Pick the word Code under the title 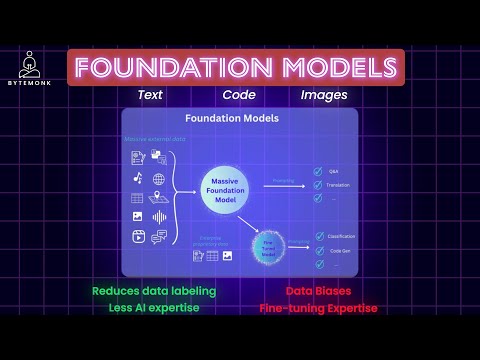pyautogui.click(x=239, y=95)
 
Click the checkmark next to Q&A pyautogui.click(x=316, y=170)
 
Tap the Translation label pyautogui.click(x=342, y=185)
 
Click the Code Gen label pyautogui.click(x=340, y=250)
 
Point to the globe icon pyautogui.click(x=159, y=179)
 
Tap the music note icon pyautogui.click(x=138, y=178)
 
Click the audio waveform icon pyautogui.click(x=159, y=217)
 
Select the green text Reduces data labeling pyautogui.click(x=155, y=291)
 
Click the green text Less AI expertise pyautogui.click(x=155, y=308)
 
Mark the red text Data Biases pyautogui.click(x=319, y=291)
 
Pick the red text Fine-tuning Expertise pyautogui.click(x=319, y=308)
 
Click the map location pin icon pyautogui.click(x=159, y=198)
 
